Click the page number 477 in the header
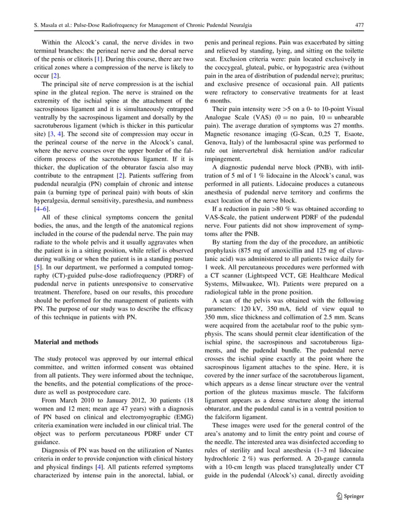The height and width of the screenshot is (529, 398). [359, 25]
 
